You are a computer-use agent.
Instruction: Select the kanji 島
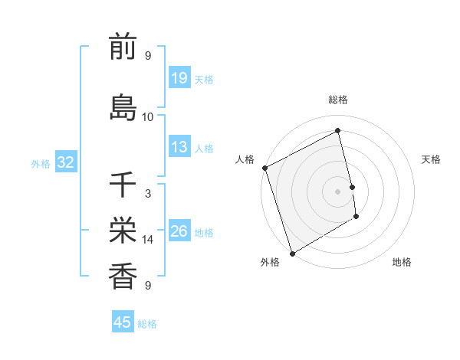pyautogui.click(x=123, y=106)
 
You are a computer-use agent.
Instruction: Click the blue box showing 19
pyautogui.click(x=179, y=78)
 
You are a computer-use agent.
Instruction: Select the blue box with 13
pyautogui.click(x=179, y=147)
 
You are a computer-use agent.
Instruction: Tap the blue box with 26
pyautogui.click(x=179, y=231)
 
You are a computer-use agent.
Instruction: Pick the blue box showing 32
pyautogui.click(x=66, y=162)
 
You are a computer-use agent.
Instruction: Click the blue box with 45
pyautogui.click(x=123, y=322)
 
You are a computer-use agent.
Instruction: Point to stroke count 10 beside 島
pyautogui.click(x=148, y=117)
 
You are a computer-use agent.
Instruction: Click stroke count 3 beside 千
pyautogui.click(x=148, y=194)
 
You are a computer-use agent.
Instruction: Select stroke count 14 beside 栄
pyautogui.click(x=148, y=240)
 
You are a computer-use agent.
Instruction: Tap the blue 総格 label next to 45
pyautogui.click(x=147, y=324)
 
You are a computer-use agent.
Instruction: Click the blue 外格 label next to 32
pyautogui.click(x=41, y=163)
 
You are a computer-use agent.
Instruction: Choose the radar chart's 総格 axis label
pyautogui.click(x=338, y=100)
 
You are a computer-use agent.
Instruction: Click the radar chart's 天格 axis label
pyautogui.click(x=432, y=159)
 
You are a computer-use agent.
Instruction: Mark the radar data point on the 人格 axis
pyautogui.click(x=264, y=168)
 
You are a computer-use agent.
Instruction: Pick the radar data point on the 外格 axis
pyautogui.click(x=292, y=253)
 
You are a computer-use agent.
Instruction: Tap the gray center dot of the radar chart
pyautogui.click(x=338, y=191)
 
